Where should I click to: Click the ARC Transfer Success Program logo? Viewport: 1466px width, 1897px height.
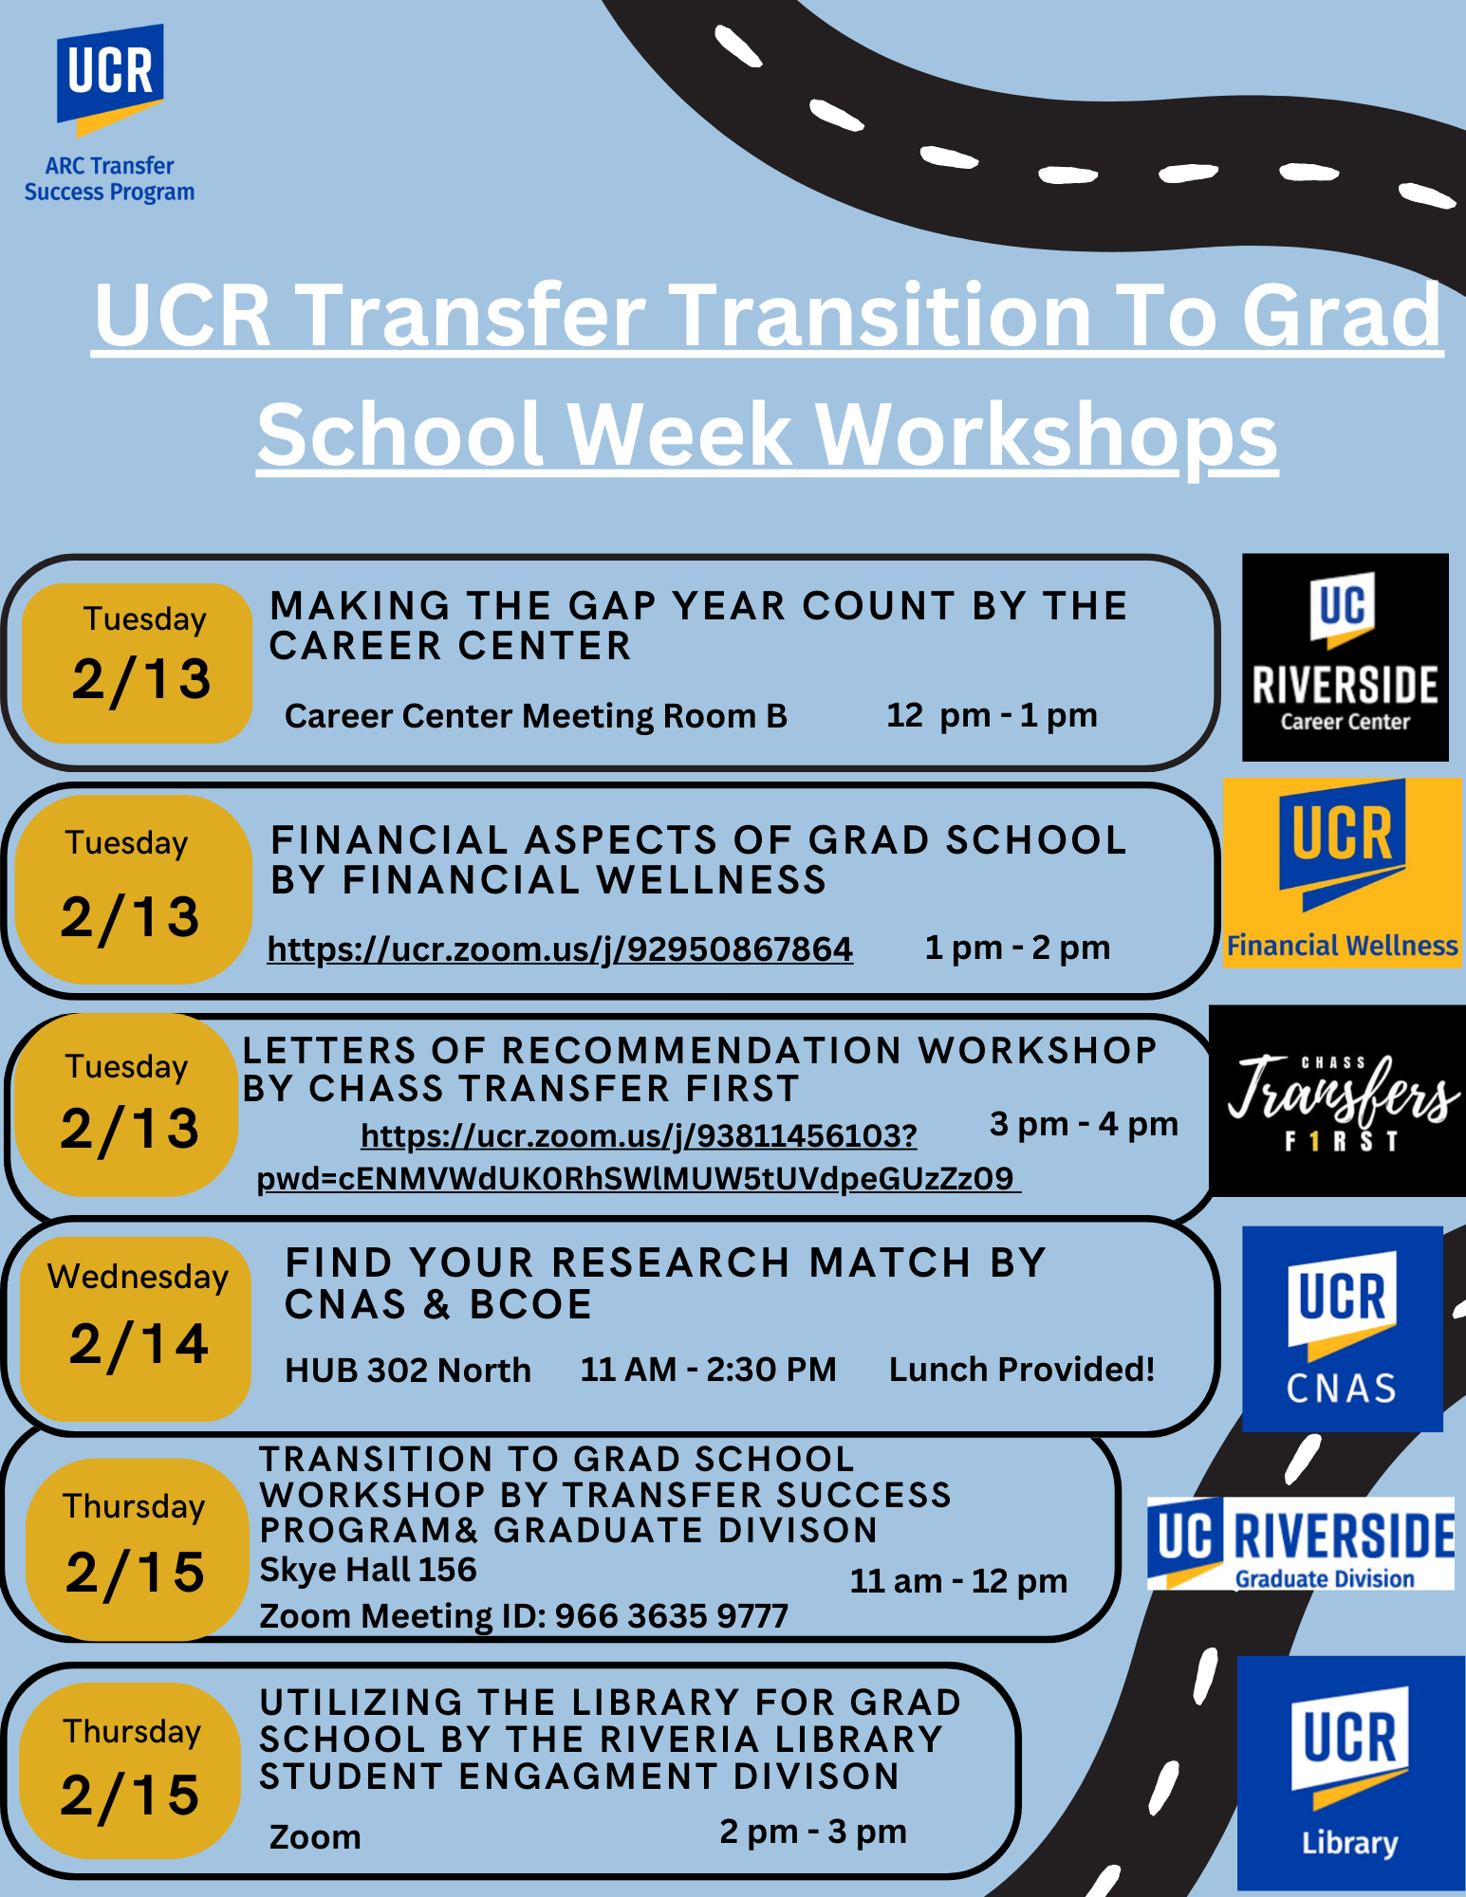click(110, 114)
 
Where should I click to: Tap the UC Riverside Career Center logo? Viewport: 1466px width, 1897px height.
click(1345, 657)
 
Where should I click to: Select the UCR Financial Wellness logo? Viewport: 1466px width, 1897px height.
click(1343, 873)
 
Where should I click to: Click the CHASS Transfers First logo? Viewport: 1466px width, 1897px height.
click(1338, 1100)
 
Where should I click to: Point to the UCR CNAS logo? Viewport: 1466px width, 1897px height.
click(1343, 1329)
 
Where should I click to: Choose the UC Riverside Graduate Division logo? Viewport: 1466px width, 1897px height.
click(1301, 1543)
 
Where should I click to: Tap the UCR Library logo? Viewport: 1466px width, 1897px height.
click(1351, 1773)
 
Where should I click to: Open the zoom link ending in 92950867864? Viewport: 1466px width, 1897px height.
click(560, 948)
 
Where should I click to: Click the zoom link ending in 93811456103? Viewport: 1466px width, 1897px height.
click(639, 1135)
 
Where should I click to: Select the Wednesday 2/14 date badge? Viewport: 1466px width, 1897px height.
click(136, 1329)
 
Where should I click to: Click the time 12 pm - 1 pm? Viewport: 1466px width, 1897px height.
click(992, 715)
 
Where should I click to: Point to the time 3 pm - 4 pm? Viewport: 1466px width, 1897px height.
click(1084, 1124)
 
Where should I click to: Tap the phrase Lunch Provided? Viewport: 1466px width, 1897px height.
click(1022, 1370)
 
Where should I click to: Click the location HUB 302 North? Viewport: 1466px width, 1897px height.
click(408, 1371)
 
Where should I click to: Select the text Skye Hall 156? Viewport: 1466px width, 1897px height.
click(368, 1570)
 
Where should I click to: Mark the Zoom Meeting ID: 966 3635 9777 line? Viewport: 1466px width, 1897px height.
click(524, 1616)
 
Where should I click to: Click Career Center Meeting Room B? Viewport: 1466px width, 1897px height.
click(536, 716)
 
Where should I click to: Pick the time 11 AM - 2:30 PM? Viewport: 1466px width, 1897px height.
click(709, 1370)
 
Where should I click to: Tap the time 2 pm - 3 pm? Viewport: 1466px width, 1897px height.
click(813, 1832)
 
